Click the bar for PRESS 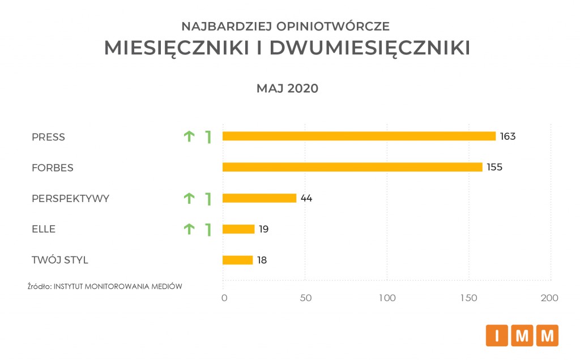pos(359,136)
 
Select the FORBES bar pos(352,167)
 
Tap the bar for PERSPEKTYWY pos(259,198)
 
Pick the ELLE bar pos(238,229)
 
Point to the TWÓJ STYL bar pos(238,260)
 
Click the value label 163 pos(507,136)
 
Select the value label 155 pos(494,168)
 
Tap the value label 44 pos(306,199)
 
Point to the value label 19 pos(263,230)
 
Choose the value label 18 pos(261,261)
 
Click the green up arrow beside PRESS pos(189,136)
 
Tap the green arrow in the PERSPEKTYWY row pos(189,198)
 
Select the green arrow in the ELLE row pos(189,229)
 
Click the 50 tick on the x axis pos(306,298)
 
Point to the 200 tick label pos(549,298)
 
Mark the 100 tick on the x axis pos(387,298)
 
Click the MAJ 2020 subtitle pos(287,89)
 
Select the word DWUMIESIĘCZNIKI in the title pos(369,49)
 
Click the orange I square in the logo pos(497,336)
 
